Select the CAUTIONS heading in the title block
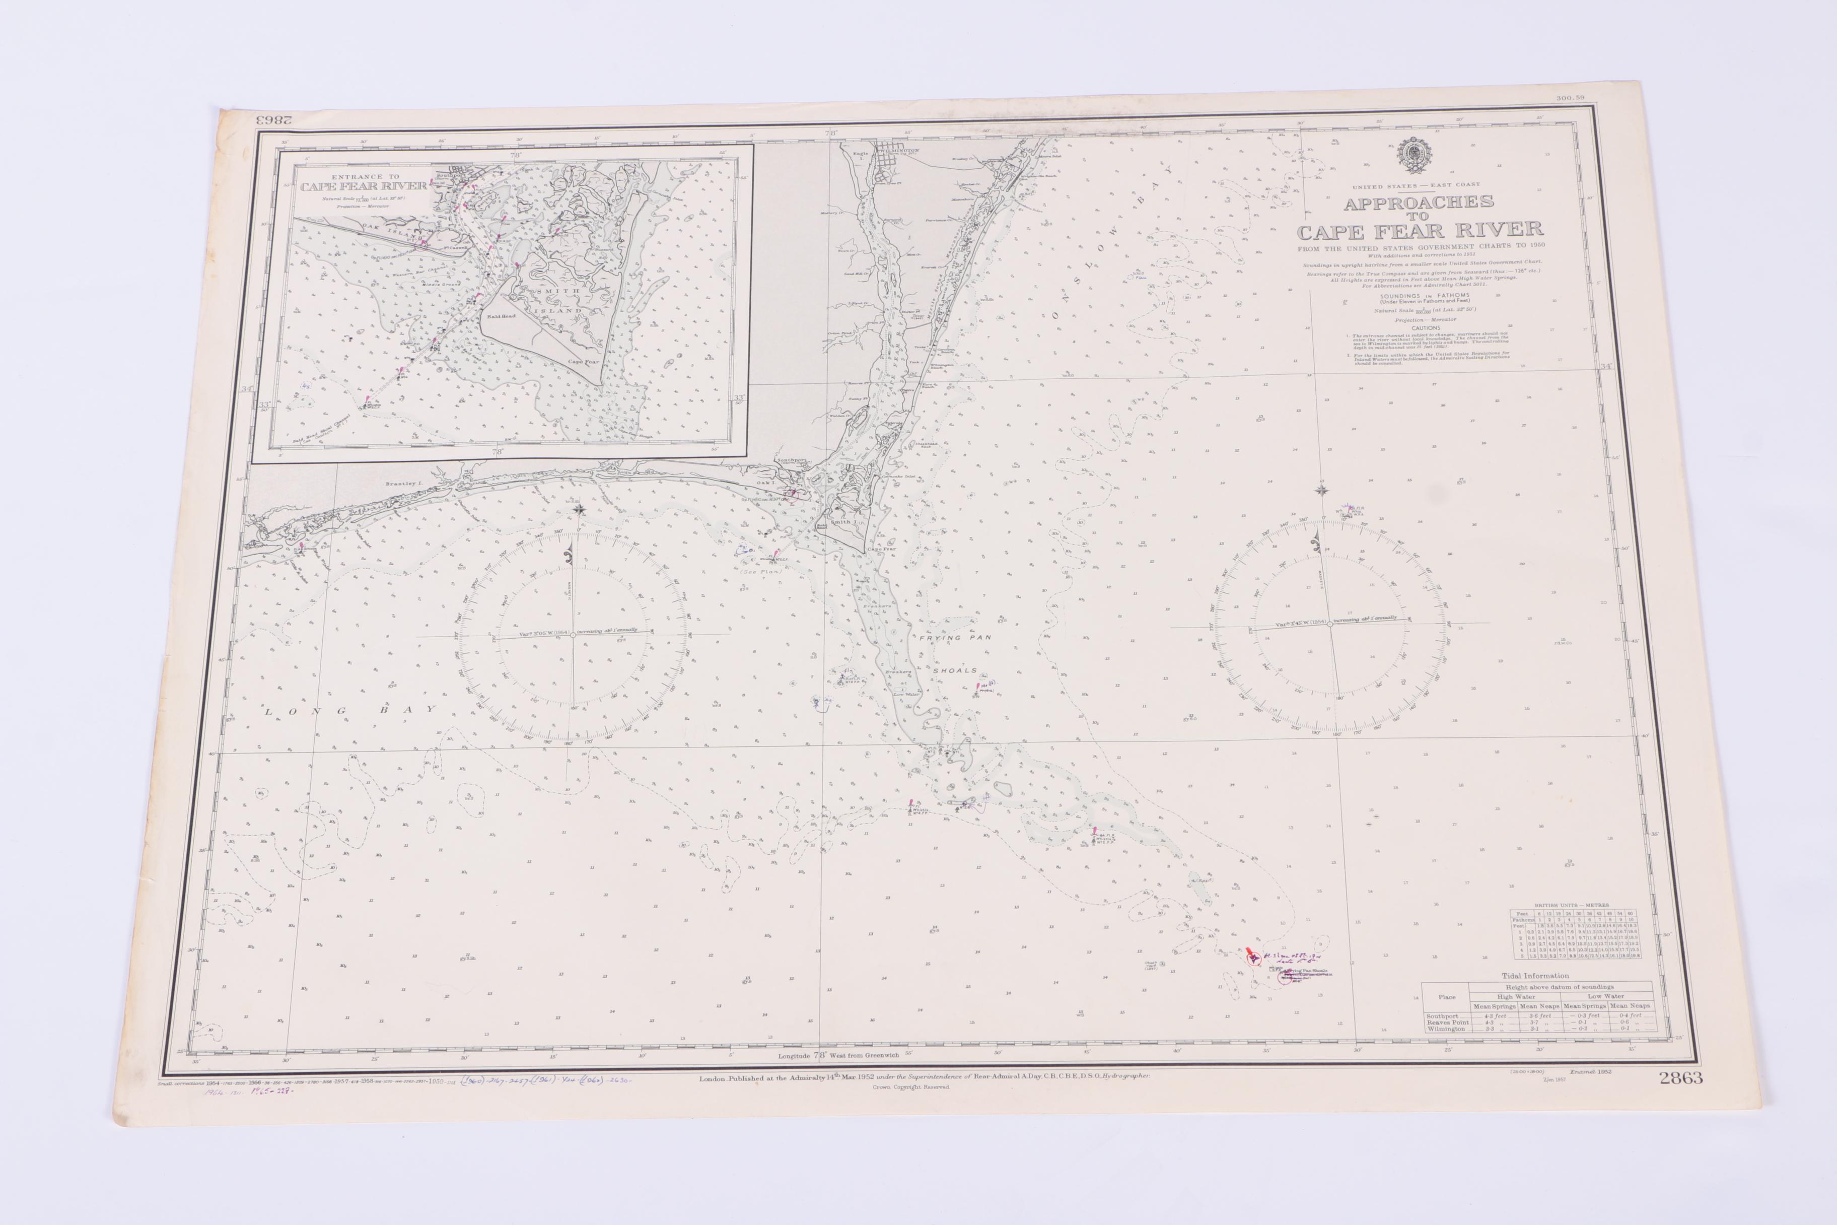[x=1426, y=328]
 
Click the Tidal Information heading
[x=1535, y=976]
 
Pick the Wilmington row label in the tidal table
[x=1446, y=1029]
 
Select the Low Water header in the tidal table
[x=1605, y=996]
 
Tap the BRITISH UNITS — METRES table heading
[x=1572, y=905]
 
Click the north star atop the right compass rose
[x=1321, y=491]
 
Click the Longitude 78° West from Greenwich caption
[x=843, y=1055]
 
